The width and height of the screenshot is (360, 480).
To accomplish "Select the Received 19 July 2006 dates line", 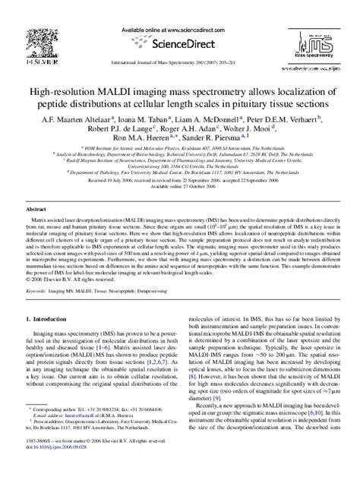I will click(x=180, y=182).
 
